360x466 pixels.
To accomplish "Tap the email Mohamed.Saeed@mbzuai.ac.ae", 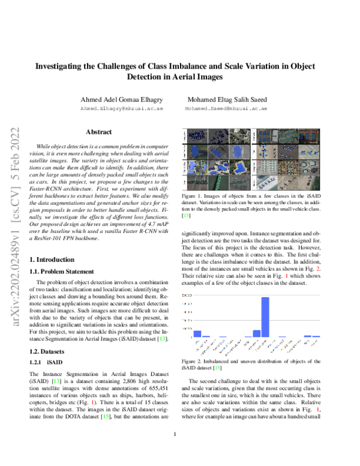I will coord(226,110).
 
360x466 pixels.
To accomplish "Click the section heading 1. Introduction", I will coord(53,259).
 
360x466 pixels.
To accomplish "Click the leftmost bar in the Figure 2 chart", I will coord(197,333).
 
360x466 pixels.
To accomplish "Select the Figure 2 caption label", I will coord(192,361).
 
